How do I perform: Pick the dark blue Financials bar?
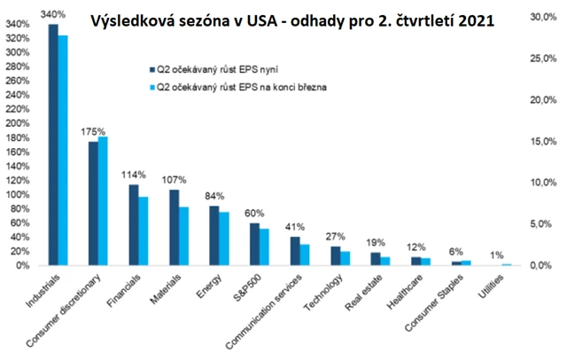point(134,225)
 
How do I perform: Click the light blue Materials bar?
point(183,236)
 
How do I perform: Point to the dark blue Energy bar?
point(214,236)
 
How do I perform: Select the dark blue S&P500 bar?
point(254,244)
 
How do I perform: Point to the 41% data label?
point(294,226)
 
